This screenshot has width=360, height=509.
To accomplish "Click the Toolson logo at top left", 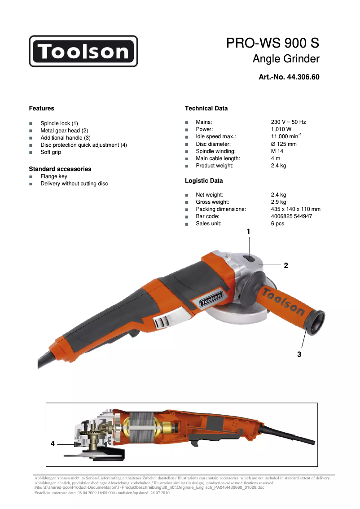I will [x=83, y=51].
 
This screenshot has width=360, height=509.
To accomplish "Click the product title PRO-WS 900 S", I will [x=272, y=43].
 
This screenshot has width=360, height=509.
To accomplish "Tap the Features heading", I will [x=41, y=108].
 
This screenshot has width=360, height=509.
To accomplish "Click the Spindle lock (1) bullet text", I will [x=59, y=123].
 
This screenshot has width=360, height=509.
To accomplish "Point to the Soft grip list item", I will [x=51, y=152].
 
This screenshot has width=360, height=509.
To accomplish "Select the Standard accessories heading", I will [x=60, y=169].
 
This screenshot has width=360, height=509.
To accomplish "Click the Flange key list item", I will [x=54, y=176].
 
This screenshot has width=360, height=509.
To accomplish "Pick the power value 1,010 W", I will [x=281, y=129].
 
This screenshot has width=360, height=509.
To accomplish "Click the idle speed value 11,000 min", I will [x=285, y=136].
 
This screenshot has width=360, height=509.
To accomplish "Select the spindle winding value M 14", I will [x=277, y=151].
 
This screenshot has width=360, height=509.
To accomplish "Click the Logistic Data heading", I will [x=204, y=180].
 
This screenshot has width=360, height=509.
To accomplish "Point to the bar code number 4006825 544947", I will [x=291, y=216].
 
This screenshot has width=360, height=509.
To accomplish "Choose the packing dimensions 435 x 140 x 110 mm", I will [x=295, y=209].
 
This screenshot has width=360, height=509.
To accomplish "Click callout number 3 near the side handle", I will [x=299, y=355].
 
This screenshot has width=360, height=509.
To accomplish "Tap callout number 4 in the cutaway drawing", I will [x=53, y=443].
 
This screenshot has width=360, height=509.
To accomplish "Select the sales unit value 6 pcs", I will [x=277, y=224].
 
